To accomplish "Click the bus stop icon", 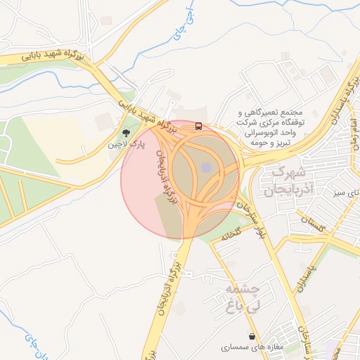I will (199, 127).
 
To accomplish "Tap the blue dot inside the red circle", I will (205, 167).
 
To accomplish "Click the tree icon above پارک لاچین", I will (127, 132).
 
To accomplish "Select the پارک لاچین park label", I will (126, 145).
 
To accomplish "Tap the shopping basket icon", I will (252, 335).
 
